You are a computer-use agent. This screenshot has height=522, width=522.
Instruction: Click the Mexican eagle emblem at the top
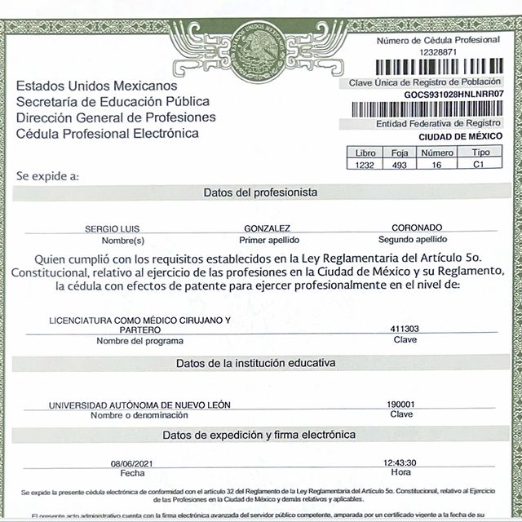pos(260,46)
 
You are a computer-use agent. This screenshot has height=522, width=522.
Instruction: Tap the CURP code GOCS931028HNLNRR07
pos(454,95)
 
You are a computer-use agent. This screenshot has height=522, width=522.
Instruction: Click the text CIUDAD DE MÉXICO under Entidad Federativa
pos(461,136)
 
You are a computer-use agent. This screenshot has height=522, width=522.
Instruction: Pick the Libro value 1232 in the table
pos(363,166)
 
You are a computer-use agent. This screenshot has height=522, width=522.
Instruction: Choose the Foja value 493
pos(400,166)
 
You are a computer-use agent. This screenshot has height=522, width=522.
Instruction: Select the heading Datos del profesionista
pos(260,192)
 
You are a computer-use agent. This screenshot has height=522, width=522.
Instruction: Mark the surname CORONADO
pos(417,228)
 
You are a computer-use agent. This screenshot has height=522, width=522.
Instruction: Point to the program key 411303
pos(405,329)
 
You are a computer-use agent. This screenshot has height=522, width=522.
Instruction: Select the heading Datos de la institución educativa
pos(260,362)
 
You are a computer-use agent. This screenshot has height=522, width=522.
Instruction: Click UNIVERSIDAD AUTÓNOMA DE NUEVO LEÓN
pos(129,405)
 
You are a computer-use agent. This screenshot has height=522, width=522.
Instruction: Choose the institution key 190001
pos(400,404)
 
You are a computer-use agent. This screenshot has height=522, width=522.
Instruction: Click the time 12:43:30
pos(400,462)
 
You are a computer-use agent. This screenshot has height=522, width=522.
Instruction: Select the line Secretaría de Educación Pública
pos(113,102)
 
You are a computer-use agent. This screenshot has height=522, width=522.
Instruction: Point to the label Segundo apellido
pos(413,241)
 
